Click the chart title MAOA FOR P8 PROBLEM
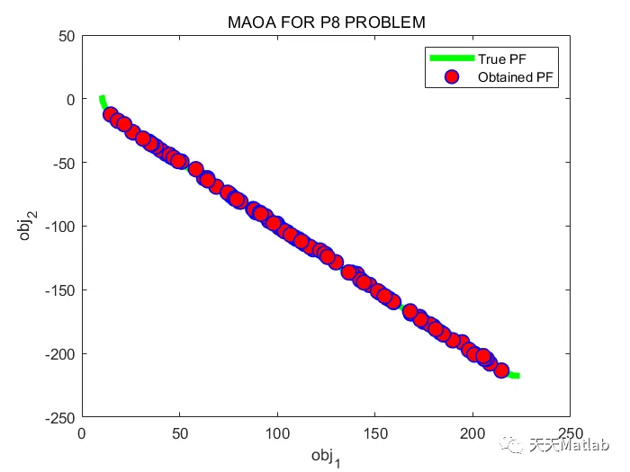click(326, 22)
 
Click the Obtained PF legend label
click(517, 77)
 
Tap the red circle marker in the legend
click(453, 77)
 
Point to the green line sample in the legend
click(452, 59)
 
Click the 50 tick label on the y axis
click(65, 36)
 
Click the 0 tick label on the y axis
click(68, 100)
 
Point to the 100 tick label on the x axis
click(277, 432)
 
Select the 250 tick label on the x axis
click(569, 432)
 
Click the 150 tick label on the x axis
click(374, 432)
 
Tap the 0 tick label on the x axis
click(82, 432)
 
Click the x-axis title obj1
click(326, 456)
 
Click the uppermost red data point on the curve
click(111, 114)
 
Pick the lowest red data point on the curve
click(501, 370)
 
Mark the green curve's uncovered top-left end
click(102, 98)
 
